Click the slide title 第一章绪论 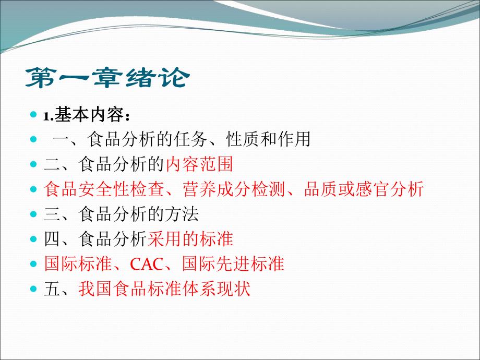click(x=107, y=78)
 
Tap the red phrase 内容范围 click(x=199, y=164)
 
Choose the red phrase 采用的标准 click(x=190, y=239)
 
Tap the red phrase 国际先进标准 click(x=233, y=264)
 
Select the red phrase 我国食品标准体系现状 click(x=164, y=289)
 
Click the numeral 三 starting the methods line click(x=52, y=214)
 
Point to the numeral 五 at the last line click(x=52, y=289)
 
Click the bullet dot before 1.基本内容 click(x=34, y=115)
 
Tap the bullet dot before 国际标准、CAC click(x=34, y=263)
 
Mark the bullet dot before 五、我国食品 click(x=34, y=289)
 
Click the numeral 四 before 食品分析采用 click(x=52, y=239)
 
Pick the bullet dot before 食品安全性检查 click(x=34, y=189)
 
